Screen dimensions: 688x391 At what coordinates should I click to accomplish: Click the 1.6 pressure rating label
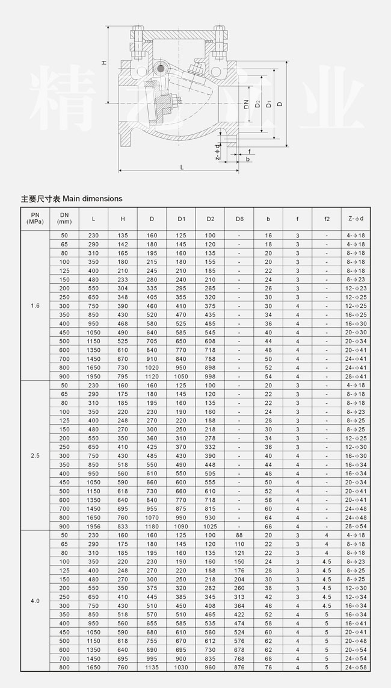35,306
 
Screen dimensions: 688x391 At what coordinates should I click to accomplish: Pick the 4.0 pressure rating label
35,601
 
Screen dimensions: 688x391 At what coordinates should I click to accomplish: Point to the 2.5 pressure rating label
35,456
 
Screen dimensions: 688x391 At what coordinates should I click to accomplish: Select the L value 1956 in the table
93,527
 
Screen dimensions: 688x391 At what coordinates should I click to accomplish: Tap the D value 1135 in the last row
152,667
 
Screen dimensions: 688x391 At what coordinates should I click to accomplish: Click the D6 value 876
239,667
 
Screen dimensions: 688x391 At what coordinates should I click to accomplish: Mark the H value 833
123,527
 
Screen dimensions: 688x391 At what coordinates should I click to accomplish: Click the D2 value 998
210,377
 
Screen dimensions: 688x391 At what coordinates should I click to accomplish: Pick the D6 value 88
239,536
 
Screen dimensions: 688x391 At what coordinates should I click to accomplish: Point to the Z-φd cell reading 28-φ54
356,527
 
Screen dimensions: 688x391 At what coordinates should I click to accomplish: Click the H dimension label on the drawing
104,63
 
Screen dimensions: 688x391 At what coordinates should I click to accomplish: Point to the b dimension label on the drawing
247,159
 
